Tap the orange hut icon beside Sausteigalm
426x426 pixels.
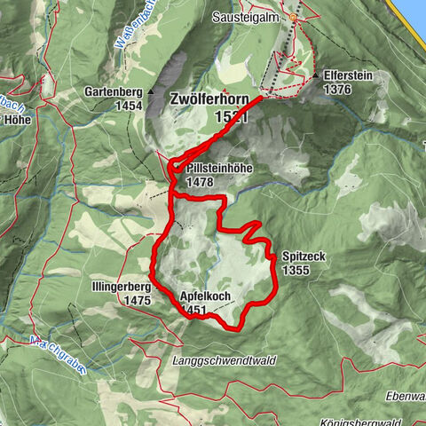[294, 16]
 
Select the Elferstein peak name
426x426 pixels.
[348, 76]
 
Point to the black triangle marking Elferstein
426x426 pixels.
[316, 77]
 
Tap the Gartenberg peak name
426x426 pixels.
[114, 91]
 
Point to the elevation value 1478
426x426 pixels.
[201, 181]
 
